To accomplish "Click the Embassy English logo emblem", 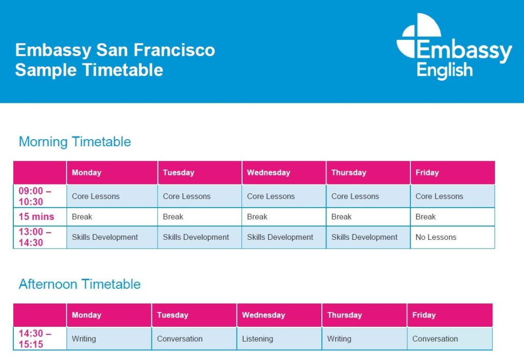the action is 419,36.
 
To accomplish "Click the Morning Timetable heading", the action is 75,142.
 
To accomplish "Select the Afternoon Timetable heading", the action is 79,284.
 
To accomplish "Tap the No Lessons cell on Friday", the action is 452,237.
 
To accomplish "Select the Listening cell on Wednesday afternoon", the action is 279,339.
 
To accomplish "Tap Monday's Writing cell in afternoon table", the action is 109,339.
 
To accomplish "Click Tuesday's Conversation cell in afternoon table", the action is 194,339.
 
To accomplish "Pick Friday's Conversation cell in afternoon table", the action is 450,339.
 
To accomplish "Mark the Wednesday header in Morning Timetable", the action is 283,173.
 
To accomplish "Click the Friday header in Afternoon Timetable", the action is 450,315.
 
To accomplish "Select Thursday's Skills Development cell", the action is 368,237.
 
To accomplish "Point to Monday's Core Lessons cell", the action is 112,196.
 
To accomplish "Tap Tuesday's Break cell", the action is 200,217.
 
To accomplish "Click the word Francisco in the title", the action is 174,50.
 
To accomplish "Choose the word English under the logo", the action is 445,71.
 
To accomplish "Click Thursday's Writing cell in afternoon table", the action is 364,339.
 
